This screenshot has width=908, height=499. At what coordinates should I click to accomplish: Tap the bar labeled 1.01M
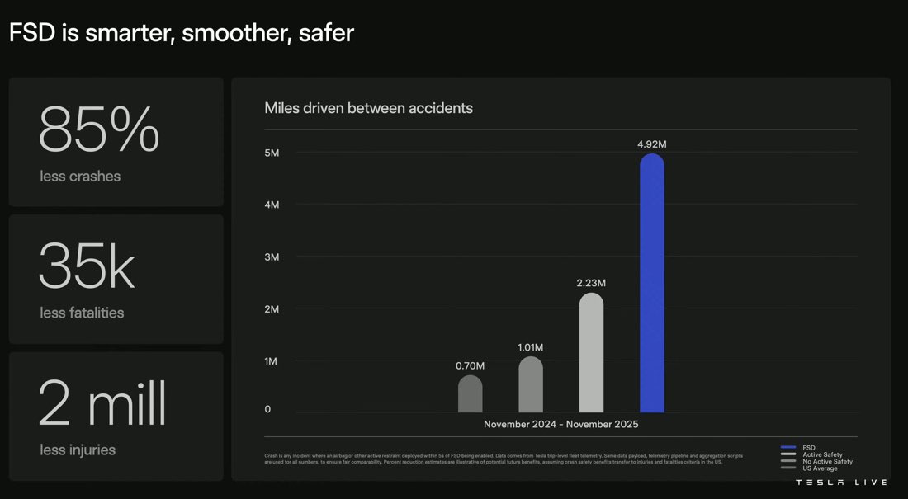531,384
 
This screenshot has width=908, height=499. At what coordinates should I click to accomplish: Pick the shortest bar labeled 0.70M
470,393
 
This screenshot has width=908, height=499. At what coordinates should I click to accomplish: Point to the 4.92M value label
651,144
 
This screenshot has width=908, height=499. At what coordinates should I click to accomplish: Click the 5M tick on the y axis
272,153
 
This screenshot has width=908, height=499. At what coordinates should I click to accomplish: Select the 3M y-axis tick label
272,257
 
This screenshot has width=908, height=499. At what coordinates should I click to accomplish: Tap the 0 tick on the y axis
267,409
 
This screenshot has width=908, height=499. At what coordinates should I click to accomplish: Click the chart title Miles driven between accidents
368,108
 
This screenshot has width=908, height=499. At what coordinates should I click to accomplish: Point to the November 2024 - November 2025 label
560,425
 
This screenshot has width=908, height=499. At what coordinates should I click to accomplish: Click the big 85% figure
99,130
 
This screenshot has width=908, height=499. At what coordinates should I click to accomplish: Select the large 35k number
87,267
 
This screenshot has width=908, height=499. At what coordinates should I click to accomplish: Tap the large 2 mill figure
102,404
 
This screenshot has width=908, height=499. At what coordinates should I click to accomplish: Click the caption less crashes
80,176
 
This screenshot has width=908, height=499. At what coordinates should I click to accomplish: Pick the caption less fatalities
82,313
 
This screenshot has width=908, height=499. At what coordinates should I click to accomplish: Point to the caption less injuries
78,450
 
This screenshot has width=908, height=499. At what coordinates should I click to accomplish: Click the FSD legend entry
808,448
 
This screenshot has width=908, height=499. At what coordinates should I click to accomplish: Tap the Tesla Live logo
841,483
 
